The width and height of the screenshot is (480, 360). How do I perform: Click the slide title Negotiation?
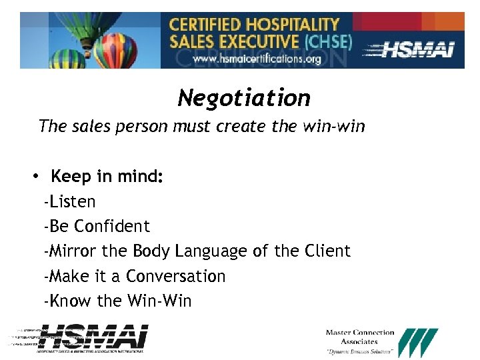244,99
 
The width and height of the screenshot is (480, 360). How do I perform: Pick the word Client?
327,251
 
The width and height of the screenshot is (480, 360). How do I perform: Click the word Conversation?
176,276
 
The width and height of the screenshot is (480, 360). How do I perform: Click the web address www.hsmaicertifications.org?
257,59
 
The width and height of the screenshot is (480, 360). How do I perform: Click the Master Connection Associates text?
360,337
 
